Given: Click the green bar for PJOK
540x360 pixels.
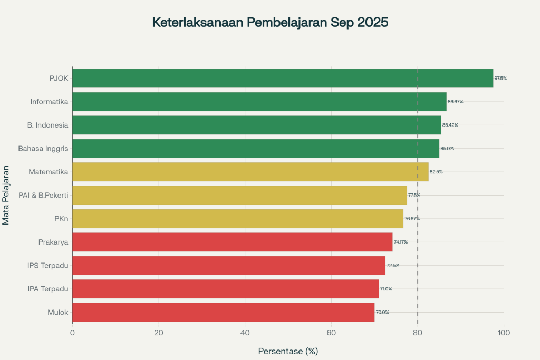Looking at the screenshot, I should coord(283,78).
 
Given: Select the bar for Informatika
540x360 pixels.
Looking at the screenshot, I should coord(259,102).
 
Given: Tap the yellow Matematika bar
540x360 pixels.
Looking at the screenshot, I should coord(250,172).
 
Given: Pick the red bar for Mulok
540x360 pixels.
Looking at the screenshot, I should coord(223,312).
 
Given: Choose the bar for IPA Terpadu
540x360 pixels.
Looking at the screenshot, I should coord(225,289).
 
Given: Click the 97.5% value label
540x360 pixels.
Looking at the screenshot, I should coord(500,78).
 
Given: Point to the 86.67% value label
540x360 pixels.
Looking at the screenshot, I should coord(455,102).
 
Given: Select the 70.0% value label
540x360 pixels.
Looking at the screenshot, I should coord(382,312).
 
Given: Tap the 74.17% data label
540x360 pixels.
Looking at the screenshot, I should coord(401,242).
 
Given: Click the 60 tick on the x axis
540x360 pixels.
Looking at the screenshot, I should coord(331,333).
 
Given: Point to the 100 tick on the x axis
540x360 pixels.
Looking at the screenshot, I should coord(504,333).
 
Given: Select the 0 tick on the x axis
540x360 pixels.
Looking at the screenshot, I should coord(72,333).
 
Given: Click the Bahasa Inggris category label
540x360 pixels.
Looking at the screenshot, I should coord(43,149).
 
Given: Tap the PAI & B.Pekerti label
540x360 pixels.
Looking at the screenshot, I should coord(43,196).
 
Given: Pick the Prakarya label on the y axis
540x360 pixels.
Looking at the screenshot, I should coord(53,242).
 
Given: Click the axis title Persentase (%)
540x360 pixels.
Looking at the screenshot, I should coord(288,351).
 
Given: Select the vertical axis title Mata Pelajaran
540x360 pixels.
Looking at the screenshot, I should coord(6,195).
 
